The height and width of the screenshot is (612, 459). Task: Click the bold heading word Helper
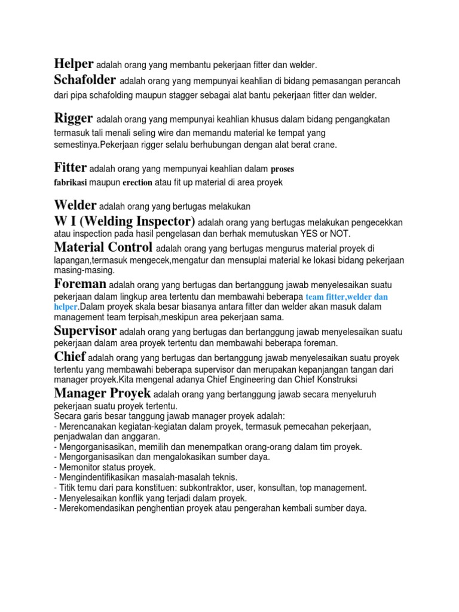pos(74,64)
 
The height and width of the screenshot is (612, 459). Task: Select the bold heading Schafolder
pos(85,80)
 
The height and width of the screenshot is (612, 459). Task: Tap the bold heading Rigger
pos(74,118)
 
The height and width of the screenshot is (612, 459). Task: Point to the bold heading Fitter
pos(71,167)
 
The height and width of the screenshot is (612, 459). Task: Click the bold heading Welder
pos(75,206)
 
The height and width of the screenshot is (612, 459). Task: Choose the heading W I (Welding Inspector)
pos(124,222)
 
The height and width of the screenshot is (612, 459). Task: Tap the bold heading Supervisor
pos(85,331)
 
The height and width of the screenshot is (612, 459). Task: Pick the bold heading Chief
pos(70,357)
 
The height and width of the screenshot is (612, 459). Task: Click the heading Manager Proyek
pos(102,393)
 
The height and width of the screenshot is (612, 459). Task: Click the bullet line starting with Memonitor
pos(105,467)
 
